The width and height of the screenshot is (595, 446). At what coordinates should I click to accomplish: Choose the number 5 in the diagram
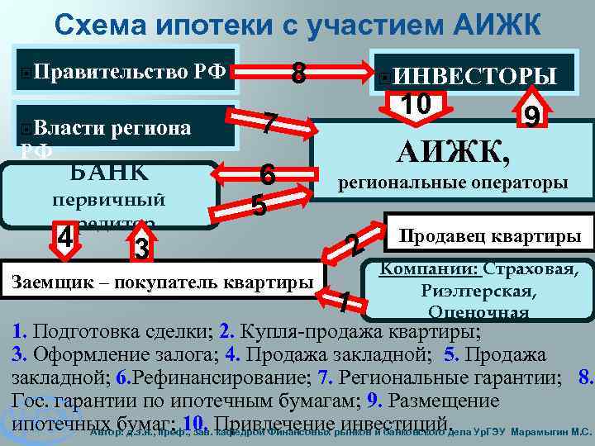259,204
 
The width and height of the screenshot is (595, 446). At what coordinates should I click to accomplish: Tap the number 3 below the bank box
141,246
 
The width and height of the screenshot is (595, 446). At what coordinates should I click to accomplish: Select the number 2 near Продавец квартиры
353,244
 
